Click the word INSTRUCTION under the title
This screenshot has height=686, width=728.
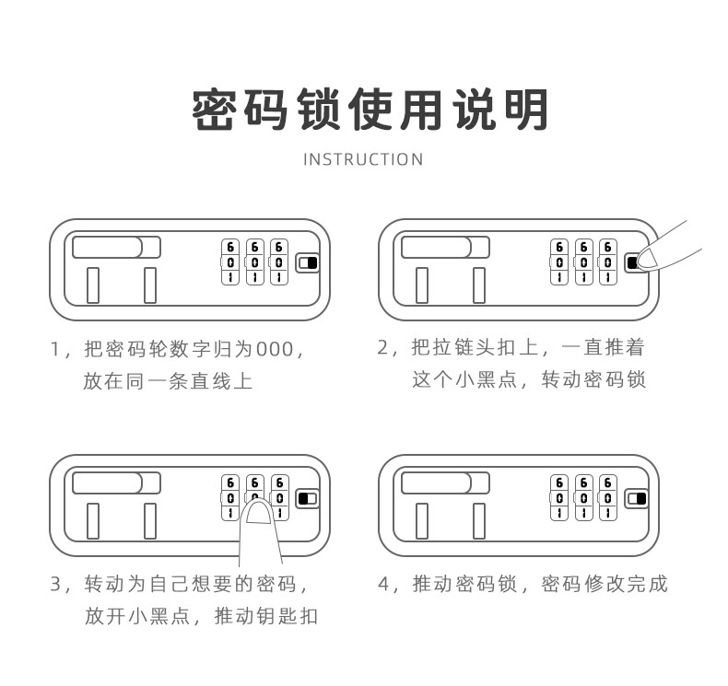tap(363, 159)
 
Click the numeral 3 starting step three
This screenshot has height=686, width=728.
tap(54, 585)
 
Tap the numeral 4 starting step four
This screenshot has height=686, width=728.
tap(383, 585)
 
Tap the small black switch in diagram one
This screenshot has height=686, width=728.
tap(307, 263)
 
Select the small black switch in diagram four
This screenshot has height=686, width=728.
tap(636, 499)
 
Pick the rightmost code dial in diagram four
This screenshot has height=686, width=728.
tap(607, 498)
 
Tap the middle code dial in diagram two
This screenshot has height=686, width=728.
tap(583, 262)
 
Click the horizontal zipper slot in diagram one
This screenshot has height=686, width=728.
tap(116, 248)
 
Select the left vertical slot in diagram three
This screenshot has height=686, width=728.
tap(93, 520)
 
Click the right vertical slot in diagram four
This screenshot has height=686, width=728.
tap(478, 520)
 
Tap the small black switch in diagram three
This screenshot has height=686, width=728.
tap(307, 499)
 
